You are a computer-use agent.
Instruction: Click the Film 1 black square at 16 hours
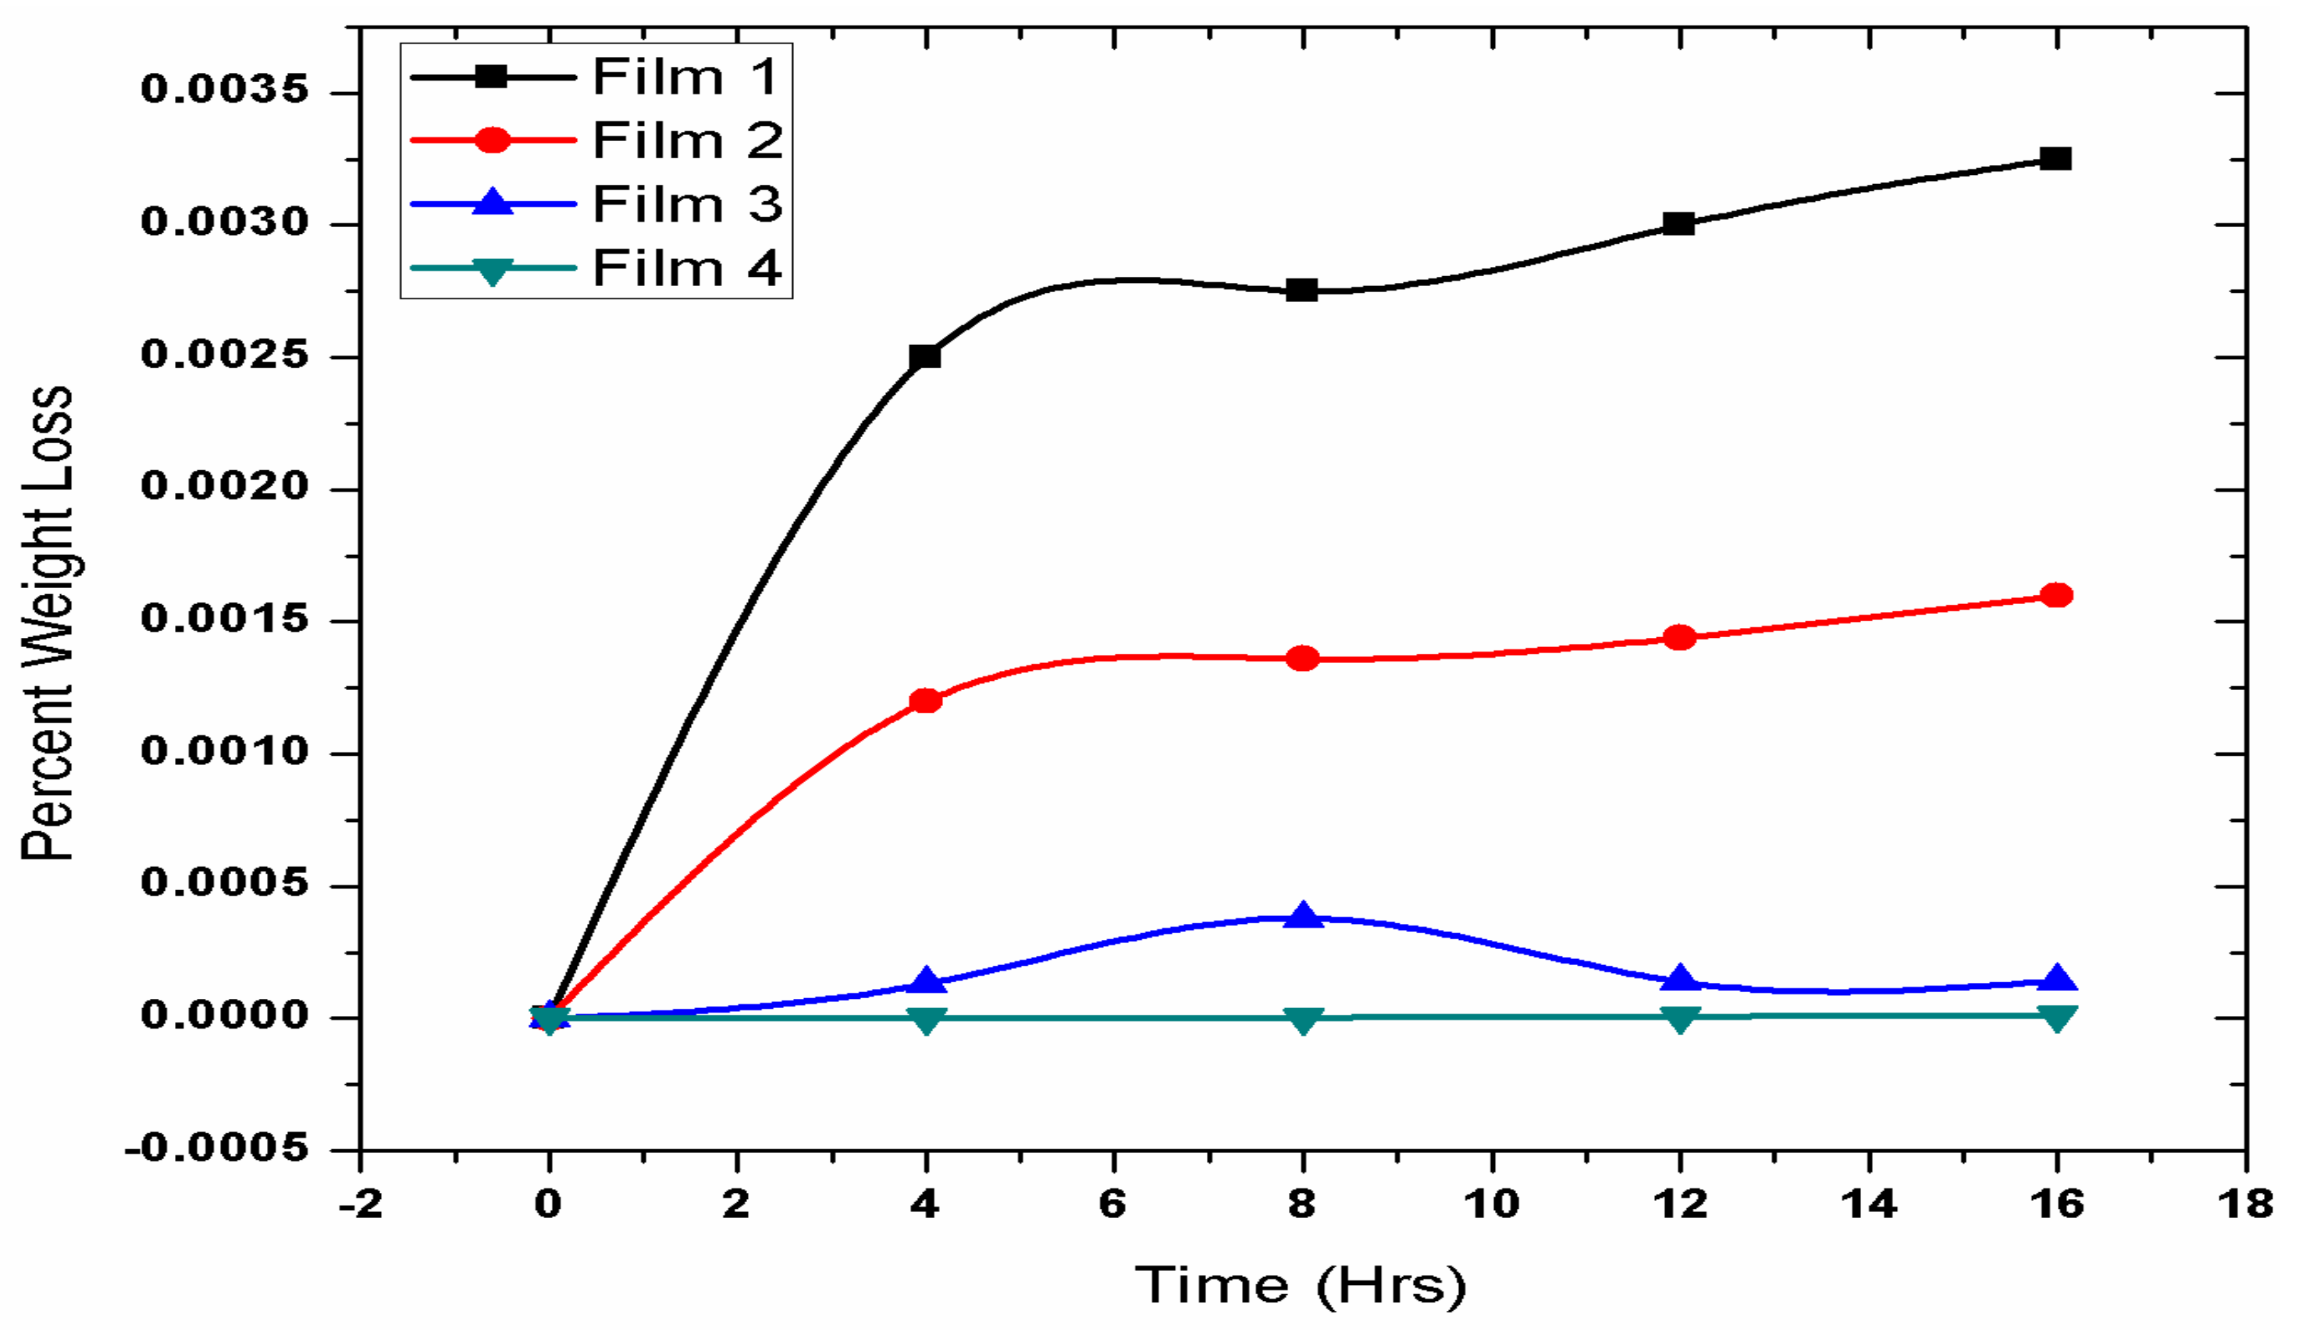(2055, 158)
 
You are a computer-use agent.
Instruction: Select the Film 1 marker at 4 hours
(925, 356)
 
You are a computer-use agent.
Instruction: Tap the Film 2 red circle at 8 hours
(1303, 658)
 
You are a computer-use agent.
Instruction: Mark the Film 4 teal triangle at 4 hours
(925, 1019)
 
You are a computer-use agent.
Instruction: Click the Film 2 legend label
(688, 140)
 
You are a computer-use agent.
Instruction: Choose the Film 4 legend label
(688, 268)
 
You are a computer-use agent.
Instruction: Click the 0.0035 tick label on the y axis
(225, 90)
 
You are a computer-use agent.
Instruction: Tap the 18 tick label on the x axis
(2244, 1205)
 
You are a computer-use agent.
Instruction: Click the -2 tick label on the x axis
(362, 1205)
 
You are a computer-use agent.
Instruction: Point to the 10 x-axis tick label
(1491, 1205)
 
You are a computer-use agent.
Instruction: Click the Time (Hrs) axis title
(1301, 1286)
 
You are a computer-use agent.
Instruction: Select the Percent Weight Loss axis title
(48, 623)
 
